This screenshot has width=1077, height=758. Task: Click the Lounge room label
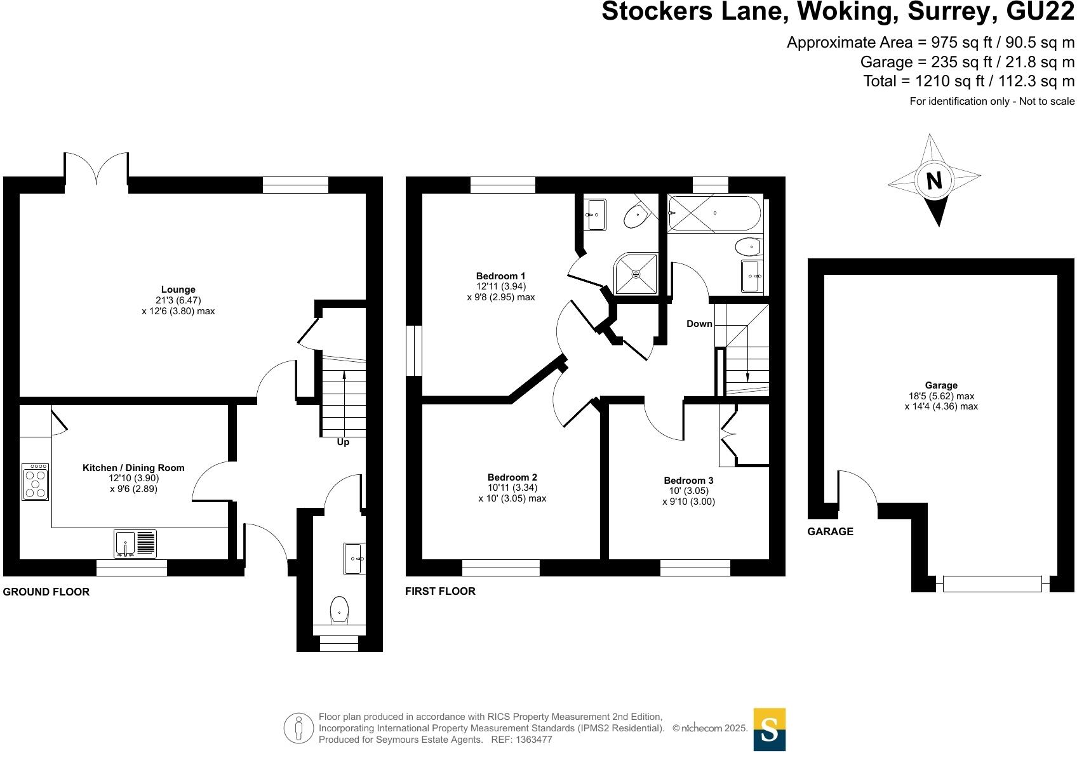[178, 289]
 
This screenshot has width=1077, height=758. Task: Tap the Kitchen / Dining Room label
[133, 468]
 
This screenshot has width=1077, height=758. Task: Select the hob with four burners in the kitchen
[35, 482]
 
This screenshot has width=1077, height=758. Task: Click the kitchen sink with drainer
[135, 544]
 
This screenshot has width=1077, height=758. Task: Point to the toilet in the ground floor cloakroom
[339, 610]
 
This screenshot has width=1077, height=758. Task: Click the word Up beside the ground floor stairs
[343, 442]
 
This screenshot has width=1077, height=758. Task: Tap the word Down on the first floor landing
[699, 324]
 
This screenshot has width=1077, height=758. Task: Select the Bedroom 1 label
[500, 276]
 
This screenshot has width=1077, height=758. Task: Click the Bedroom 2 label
[512, 477]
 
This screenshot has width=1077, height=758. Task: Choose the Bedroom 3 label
[688, 481]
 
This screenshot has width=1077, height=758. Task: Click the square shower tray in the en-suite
[636, 274]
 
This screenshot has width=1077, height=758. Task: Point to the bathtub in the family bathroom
[714, 213]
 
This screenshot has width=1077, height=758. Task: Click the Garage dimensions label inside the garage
[941, 396]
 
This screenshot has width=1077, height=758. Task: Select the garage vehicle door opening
[992, 583]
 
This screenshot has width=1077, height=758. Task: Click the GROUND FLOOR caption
[46, 592]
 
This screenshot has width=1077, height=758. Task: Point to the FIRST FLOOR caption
[440, 591]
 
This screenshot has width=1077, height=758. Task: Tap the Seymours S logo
[769, 729]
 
